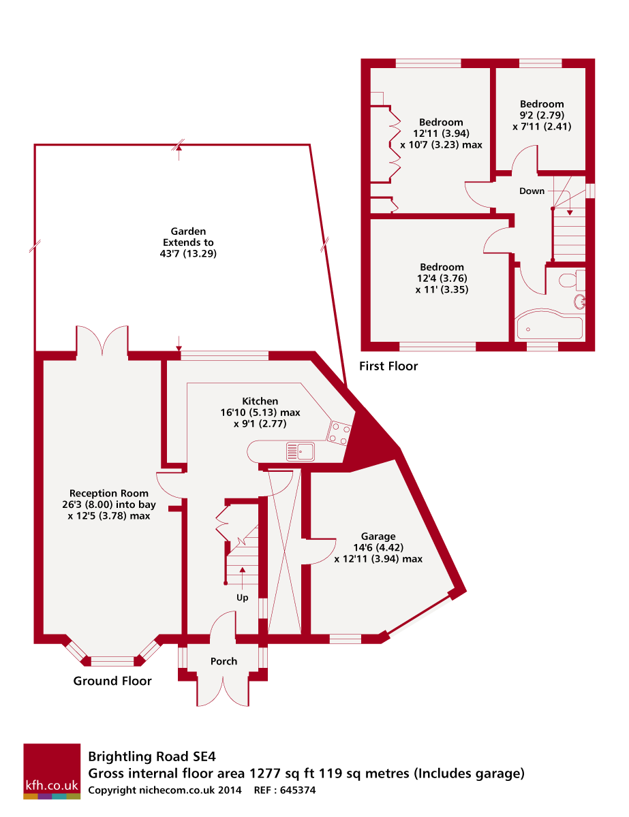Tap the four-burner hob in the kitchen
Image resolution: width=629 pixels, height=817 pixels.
pos(339,432)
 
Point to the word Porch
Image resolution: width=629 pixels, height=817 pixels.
pos(224,661)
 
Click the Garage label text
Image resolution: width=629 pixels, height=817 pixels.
pos(378,536)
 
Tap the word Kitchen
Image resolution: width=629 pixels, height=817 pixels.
pos(260,401)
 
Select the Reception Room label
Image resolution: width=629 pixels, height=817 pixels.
pos(109,493)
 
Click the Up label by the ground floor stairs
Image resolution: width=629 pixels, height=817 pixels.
pos(242,597)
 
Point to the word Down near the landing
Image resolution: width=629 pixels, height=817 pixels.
pos(532,191)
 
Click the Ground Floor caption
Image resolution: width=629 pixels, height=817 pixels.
pos(112,681)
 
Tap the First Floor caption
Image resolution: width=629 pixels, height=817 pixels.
pos(388,366)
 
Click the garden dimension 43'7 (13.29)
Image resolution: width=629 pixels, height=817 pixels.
pos(188,253)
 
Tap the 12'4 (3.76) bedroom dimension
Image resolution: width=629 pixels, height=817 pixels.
pos(442,278)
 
